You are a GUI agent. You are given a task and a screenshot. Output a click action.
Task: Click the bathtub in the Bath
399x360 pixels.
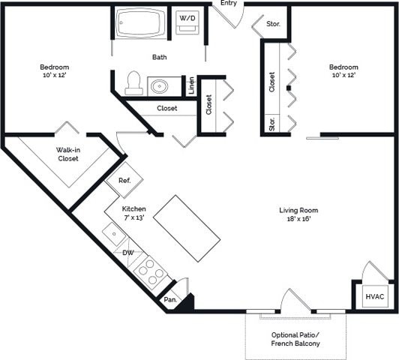pyautogui.click(x=140, y=23)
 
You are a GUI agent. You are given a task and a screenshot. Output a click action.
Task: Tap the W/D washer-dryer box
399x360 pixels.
pyautogui.click(x=187, y=22)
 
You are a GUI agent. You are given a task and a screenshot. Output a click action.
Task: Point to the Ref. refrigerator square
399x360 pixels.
pyautogui.click(x=124, y=180)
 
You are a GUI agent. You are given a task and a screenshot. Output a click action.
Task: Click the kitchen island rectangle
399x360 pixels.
pyautogui.click(x=187, y=228)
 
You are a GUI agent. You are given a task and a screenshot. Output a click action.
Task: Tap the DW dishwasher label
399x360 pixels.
pyautogui.click(x=128, y=253)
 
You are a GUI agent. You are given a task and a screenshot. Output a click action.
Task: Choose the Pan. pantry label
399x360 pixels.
pyautogui.click(x=171, y=300)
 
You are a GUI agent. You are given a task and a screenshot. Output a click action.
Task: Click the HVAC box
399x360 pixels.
pyautogui.click(x=375, y=297)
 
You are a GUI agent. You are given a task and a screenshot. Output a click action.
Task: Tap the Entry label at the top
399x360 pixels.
pyautogui.click(x=229, y=4)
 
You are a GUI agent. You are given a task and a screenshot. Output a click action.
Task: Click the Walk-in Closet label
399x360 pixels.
pyautogui.click(x=68, y=154)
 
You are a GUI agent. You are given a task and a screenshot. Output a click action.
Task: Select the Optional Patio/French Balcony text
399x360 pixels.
pyautogui.click(x=295, y=339)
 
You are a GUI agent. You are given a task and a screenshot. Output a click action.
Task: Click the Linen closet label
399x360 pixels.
pyautogui.click(x=191, y=85)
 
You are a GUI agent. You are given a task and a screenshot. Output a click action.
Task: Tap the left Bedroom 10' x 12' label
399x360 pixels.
pyautogui.click(x=54, y=71)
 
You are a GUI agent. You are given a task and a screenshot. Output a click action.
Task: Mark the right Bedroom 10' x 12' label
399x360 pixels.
pyautogui.click(x=343, y=71)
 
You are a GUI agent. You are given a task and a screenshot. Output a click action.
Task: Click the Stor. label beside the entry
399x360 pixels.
pyautogui.click(x=274, y=24)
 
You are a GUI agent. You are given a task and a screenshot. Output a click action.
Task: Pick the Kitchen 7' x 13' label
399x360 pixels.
pyautogui.click(x=135, y=213)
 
